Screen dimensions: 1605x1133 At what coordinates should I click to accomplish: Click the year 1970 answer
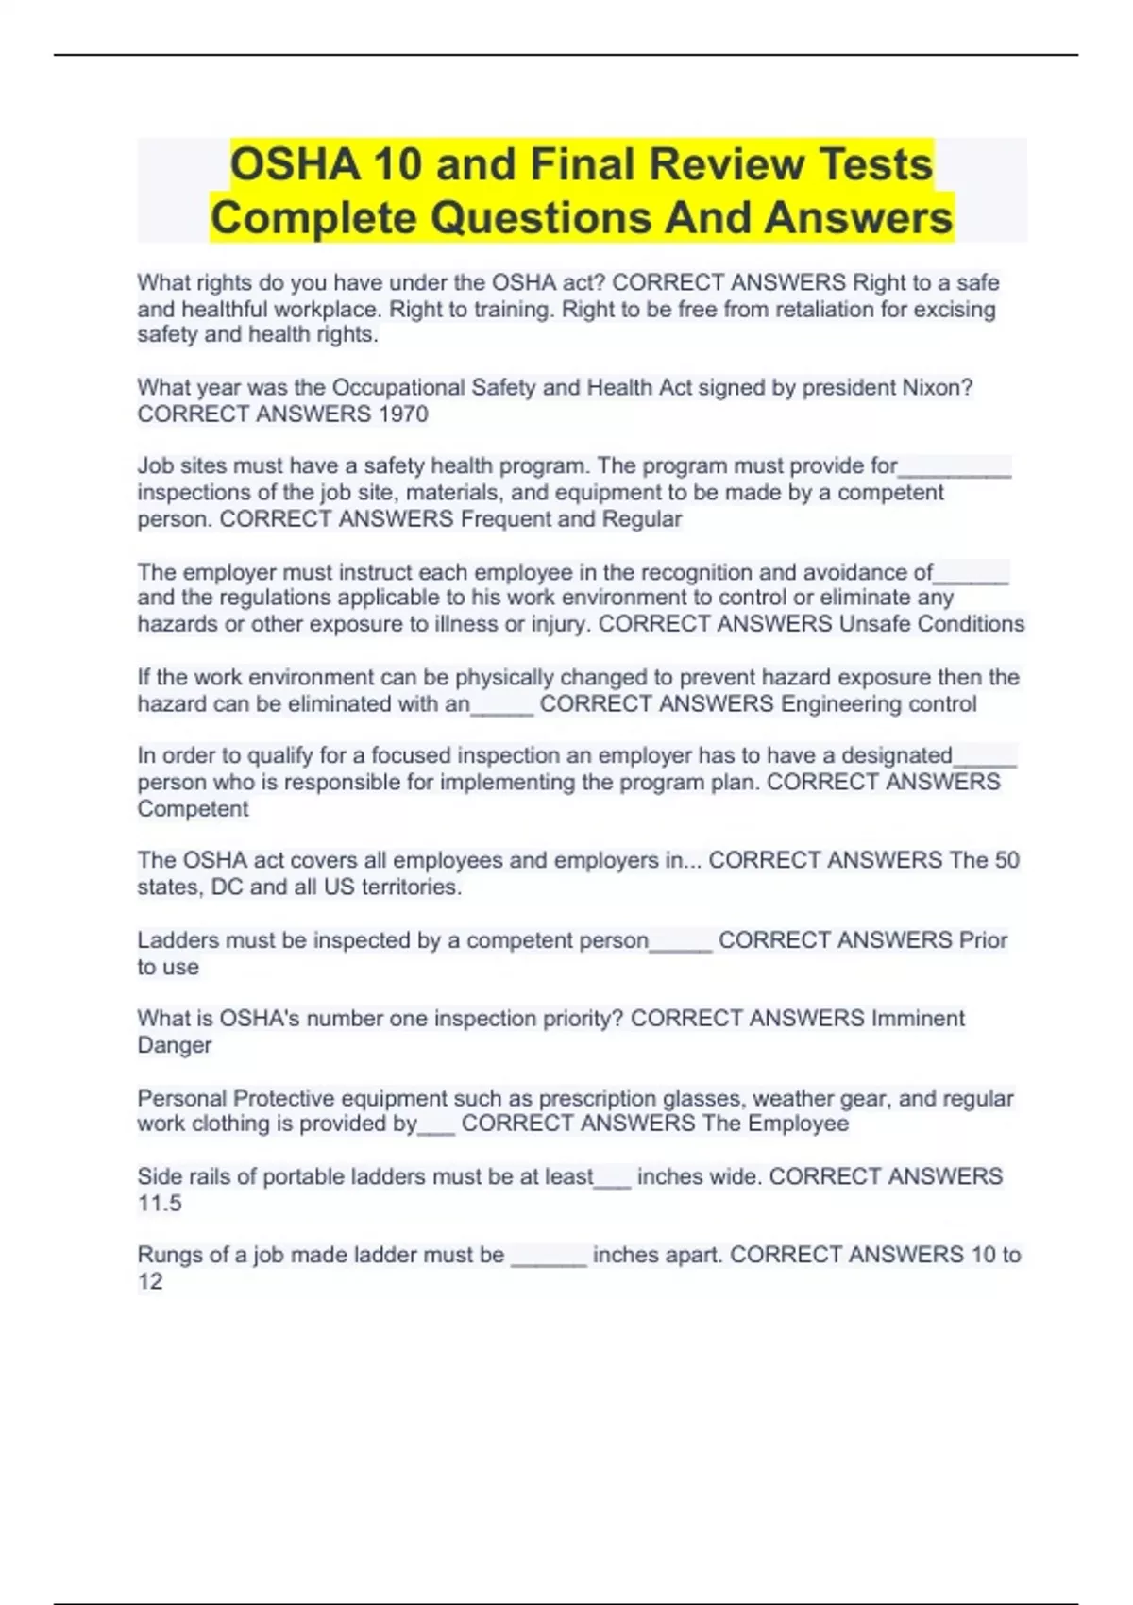coord(402,414)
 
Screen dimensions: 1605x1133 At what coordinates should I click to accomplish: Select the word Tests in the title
coord(875,164)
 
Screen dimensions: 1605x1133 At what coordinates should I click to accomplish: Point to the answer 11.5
coord(160,1204)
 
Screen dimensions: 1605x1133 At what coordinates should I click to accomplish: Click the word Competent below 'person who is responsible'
coord(193,809)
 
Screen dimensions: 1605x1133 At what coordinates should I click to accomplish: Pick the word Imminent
coord(918,1019)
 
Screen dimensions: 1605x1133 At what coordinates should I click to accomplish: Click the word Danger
coord(175,1045)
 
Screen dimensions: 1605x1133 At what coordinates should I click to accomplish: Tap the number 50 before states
coord(1006,860)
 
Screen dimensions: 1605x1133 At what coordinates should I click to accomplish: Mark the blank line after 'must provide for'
coord(955,469)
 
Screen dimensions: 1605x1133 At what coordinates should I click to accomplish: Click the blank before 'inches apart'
coord(549,1259)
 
